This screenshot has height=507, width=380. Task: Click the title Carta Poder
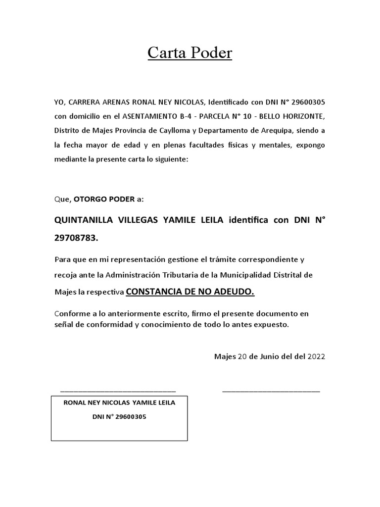[190, 53]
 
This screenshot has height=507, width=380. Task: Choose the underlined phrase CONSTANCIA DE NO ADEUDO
[190, 292]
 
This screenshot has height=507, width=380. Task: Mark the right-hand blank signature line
[271, 391]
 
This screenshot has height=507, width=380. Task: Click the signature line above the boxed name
[117, 391]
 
